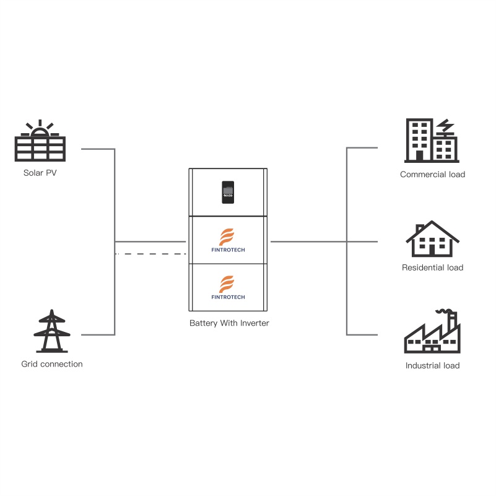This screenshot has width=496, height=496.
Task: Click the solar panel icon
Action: pyautogui.click(x=40, y=147)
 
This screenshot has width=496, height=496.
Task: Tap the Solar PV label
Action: pyautogui.click(x=40, y=173)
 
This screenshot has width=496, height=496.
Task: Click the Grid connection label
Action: pyautogui.click(x=52, y=364)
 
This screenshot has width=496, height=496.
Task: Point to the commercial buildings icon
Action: pyautogui.click(x=432, y=141)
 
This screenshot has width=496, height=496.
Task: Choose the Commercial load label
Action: pyautogui.click(x=432, y=175)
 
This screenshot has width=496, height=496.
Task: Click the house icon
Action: pyautogui.click(x=432, y=239)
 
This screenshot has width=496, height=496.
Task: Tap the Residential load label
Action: pyautogui.click(x=432, y=268)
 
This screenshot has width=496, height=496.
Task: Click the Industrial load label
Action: pyautogui.click(x=432, y=365)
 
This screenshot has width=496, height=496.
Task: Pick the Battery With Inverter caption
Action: pyautogui.click(x=229, y=323)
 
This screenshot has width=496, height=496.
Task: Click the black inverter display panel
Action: pyautogui.click(x=228, y=192)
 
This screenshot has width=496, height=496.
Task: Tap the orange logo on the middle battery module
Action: pyautogui.click(x=228, y=236)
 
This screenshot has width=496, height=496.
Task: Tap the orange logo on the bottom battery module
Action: pyautogui.click(x=228, y=284)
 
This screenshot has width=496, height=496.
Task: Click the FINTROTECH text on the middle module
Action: pyautogui.click(x=228, y=250)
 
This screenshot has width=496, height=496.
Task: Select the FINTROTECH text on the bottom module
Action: pyautogui.click(x=228, y=297)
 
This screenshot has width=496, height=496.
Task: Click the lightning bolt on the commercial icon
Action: pyautogui.click(x=445, y=126)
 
